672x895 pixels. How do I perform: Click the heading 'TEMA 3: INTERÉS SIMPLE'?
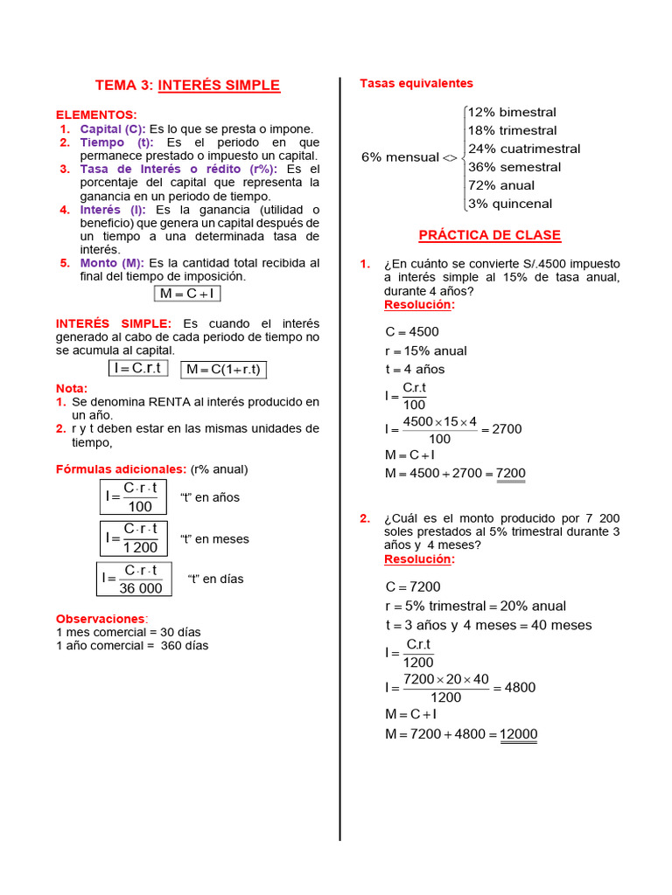(x=187, y=85)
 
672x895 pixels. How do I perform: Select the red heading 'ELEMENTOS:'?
(x=96, y=114)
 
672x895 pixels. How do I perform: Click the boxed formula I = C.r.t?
(x=138, y=369)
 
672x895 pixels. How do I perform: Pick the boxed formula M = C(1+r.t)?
(x=223, y=370)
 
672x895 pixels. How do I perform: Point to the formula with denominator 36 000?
(x=134, y=579)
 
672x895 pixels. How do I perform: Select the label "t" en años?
(x=210, y=497)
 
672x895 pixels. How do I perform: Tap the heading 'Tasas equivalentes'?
(x=416, y=83)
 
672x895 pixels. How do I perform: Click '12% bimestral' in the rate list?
(x=512, y=112)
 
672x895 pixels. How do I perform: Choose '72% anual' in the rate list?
(x=501, y=185)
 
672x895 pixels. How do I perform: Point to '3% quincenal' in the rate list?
(x=510, y=204)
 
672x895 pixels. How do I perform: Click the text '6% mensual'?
(x=400, y=157)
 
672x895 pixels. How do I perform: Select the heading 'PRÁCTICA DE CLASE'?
(x=489, y=235)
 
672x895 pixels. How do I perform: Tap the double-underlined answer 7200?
(x=511, y=474)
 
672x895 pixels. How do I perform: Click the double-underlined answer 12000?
(x=518, y=734)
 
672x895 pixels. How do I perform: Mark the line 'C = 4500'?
(x=412, y=331)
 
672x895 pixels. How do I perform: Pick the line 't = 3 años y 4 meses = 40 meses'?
(x=488, y=625)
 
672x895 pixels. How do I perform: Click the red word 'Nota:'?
(x=72, y=388)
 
